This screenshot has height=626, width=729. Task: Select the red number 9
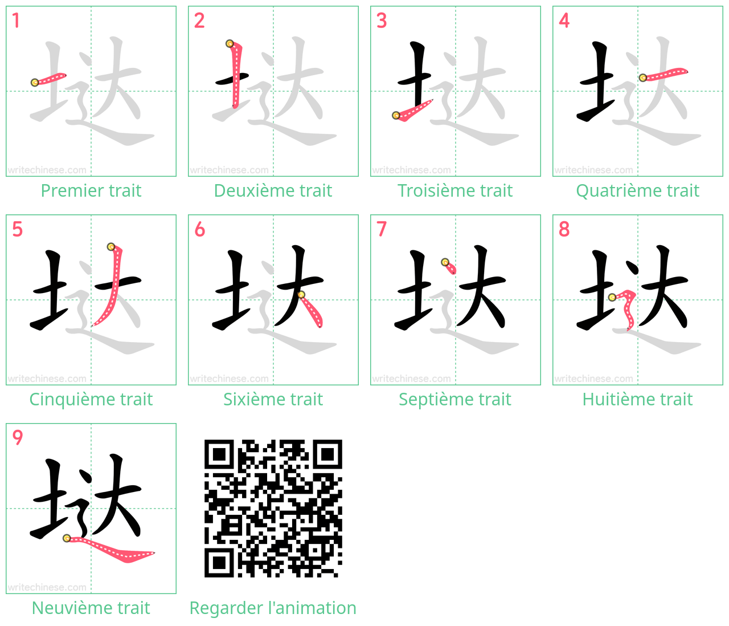[x=17, y=437]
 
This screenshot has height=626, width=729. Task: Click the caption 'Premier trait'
[x=91, y=190]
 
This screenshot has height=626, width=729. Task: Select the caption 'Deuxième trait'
[x=273, y=190]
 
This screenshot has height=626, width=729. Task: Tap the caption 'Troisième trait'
[x=455, y=190]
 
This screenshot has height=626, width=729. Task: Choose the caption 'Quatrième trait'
[x=637, y=190]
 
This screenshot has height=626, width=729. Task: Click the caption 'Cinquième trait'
[x=91, y=399]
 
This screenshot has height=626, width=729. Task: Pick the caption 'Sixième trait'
[x=273, y=399]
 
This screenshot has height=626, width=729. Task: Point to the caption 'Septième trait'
[x=455, y=399]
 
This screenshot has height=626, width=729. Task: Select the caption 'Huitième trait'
[x=637, y=399]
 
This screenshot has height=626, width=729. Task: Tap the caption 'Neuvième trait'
[x=91, y=608]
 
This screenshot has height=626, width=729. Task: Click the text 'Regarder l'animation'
[x=273, y=608]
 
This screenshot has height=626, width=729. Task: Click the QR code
[x=273, y=509]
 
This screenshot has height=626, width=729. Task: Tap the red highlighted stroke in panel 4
[x=664, y=74]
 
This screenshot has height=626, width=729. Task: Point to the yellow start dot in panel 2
[x=230, y=44]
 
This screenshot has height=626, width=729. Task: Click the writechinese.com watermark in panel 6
[x=230, y=379]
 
